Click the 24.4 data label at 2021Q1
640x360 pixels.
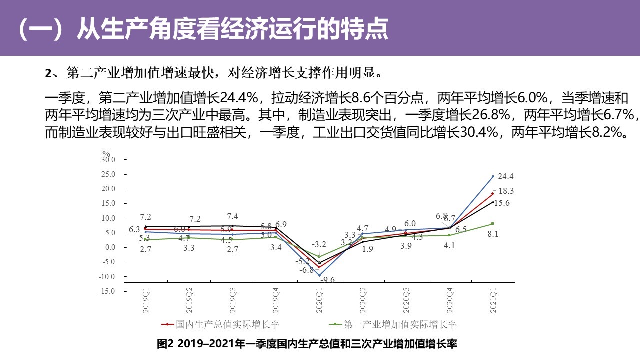(506, 176)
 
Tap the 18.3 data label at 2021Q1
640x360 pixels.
(506, 191)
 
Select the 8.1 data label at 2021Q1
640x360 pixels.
(500, 234)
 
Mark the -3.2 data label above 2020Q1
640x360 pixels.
(319, 244)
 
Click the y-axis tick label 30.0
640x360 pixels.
(108, 160)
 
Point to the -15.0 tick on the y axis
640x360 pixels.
(107, 291)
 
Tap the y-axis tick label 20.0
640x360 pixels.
(108, 189)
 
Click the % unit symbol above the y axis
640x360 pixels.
(106, 153)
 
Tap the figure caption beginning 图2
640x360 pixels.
(307, 344)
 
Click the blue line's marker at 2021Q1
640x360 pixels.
(493, 176)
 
